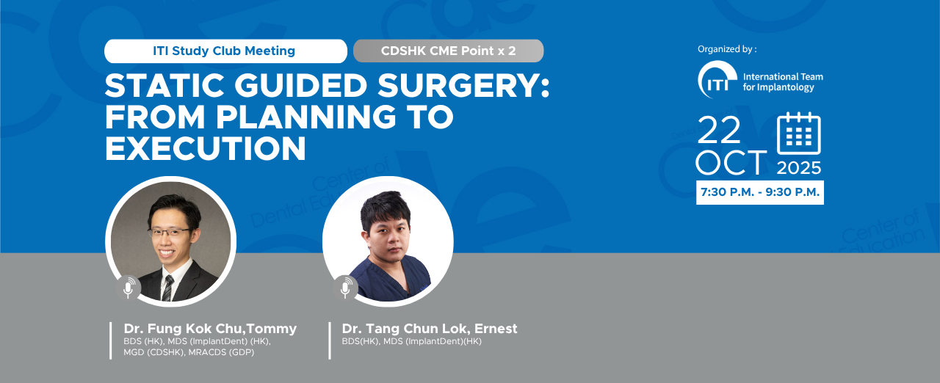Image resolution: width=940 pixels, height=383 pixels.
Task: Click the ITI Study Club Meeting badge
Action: pos(225,51)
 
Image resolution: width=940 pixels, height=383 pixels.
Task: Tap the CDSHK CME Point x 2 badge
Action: pos(448,51)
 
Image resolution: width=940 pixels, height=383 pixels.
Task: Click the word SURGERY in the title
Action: pos(463,86)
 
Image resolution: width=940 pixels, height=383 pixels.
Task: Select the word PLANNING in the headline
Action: pos(306,117)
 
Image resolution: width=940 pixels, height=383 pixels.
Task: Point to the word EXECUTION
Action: pos(206,148)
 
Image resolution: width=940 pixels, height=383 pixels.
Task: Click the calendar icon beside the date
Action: pos(798,134)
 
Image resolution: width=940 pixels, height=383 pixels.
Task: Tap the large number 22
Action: pos(719,131)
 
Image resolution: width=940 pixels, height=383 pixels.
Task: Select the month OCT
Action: pos(731,162)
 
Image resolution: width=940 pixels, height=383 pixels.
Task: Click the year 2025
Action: pos(798,168)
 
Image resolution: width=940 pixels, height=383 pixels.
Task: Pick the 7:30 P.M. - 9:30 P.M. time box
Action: pos(760,192)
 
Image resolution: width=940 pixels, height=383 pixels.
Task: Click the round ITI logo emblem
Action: pos(717,79)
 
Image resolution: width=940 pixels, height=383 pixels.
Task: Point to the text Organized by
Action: pos(727,49)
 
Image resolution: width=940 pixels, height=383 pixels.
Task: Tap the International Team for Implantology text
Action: pos(783,81)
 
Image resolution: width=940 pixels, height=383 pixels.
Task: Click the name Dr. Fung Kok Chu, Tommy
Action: pos(210,329)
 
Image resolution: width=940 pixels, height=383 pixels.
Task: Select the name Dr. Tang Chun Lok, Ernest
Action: pos(430,329)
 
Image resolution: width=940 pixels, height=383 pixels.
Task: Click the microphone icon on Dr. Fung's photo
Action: pos(129,288)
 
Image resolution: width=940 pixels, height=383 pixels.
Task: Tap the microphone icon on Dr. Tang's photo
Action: pos(345,288)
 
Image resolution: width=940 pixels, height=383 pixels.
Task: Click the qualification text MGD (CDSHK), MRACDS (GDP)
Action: pos(189,352)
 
